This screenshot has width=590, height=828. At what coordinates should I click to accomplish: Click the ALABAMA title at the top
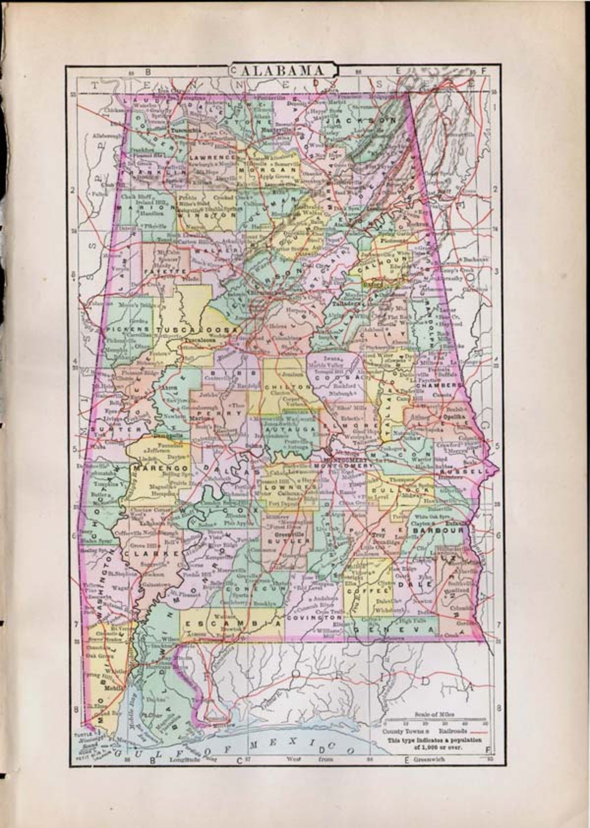tap(283, 70)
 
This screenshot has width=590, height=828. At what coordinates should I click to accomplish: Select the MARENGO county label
tap(161, 469)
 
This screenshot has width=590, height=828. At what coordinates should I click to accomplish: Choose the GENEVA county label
tap(394, 630)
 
